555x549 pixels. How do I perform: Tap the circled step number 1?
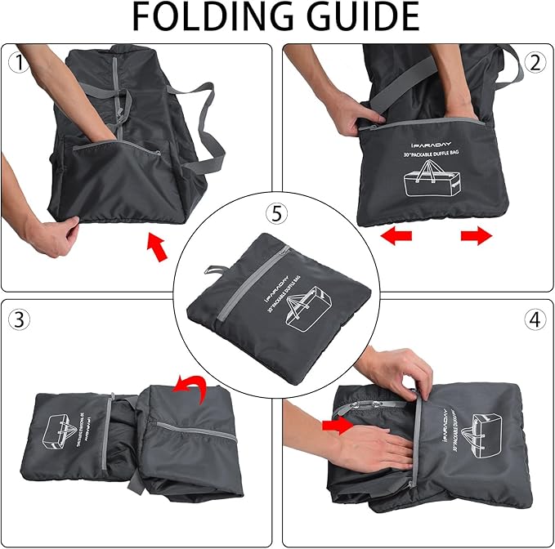pos(17,62)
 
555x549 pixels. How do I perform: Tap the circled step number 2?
pos(535,62)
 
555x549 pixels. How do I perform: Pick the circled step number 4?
pos(535,319)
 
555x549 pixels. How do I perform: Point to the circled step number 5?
pos(277,214)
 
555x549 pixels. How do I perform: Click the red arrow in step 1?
pos(157,248)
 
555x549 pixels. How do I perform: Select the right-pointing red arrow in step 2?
pos(477,236)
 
